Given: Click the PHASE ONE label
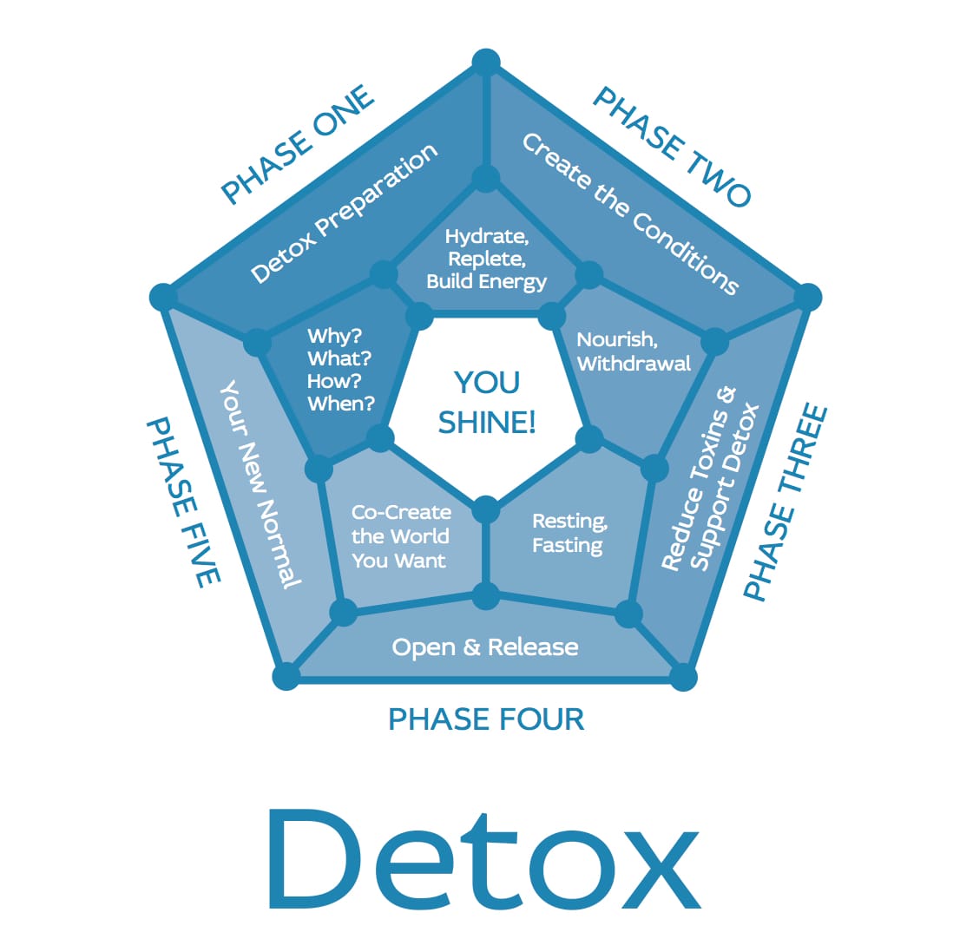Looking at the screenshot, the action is click(x=298, y=145).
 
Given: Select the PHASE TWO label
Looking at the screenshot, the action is click(x=672, y=146).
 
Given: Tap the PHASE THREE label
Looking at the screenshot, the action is click(x=786, y=502).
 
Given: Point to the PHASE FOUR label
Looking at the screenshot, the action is click(x=486, y=720).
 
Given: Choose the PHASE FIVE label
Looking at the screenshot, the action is click(x=184, y=502).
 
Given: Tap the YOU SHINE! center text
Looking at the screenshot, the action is click(x=486, y=402).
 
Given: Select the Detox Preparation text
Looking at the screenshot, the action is click(x=344, y=213).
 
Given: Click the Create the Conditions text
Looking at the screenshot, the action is click(x=630, y=213).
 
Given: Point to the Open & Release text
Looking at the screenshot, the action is click(x=485, y=647).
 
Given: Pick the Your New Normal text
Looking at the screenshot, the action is click(x=260, y=484).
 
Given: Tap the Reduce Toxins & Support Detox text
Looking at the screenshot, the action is click(x=710, y=479).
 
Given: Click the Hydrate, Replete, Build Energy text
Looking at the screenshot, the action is click(x=486, y=259).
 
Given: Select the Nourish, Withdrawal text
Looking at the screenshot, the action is click(x=634, y=351).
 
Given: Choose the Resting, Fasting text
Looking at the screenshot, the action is click(x=569, y=533).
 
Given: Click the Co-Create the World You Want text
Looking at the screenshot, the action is click(x=401, y=536).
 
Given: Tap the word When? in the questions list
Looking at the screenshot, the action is click(x=340, y=404).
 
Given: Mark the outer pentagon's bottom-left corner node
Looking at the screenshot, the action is click(x=286, y=676).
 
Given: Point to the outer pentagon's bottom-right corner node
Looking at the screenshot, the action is click(x=683, y=676).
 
